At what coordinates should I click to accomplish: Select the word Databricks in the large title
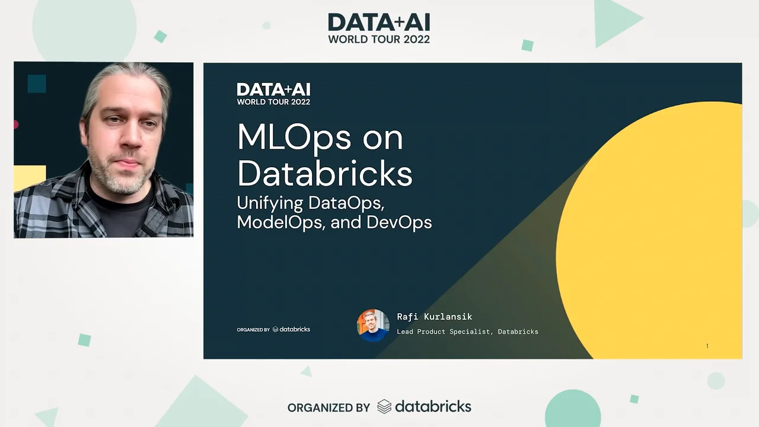[x=324, y=174]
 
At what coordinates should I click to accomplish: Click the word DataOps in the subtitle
[x=346, y=202]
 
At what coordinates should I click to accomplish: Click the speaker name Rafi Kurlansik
[x=434, y=317]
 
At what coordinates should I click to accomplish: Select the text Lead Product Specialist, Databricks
[x=467, y=332]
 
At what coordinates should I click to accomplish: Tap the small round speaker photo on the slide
[x=373, y=325]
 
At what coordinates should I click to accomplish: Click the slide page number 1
[x=707, y=346]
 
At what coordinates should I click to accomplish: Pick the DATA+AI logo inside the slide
[x=273, y=94]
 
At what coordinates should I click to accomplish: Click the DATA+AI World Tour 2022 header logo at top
[x=379, y=28]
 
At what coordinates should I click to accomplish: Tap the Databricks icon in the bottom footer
[x=384, y=407]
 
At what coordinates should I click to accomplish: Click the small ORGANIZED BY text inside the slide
[x=253, y=330]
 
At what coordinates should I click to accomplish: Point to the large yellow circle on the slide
[x=652, y=231]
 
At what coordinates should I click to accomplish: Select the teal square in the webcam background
[x=36, y=84]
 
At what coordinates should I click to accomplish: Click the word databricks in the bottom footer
[x=433, y=407]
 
